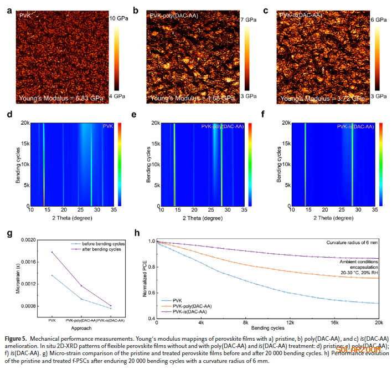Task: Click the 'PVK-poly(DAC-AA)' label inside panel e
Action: click(222, 127)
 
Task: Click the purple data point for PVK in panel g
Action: click(52, 252)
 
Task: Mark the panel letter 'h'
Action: click(146, 233)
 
